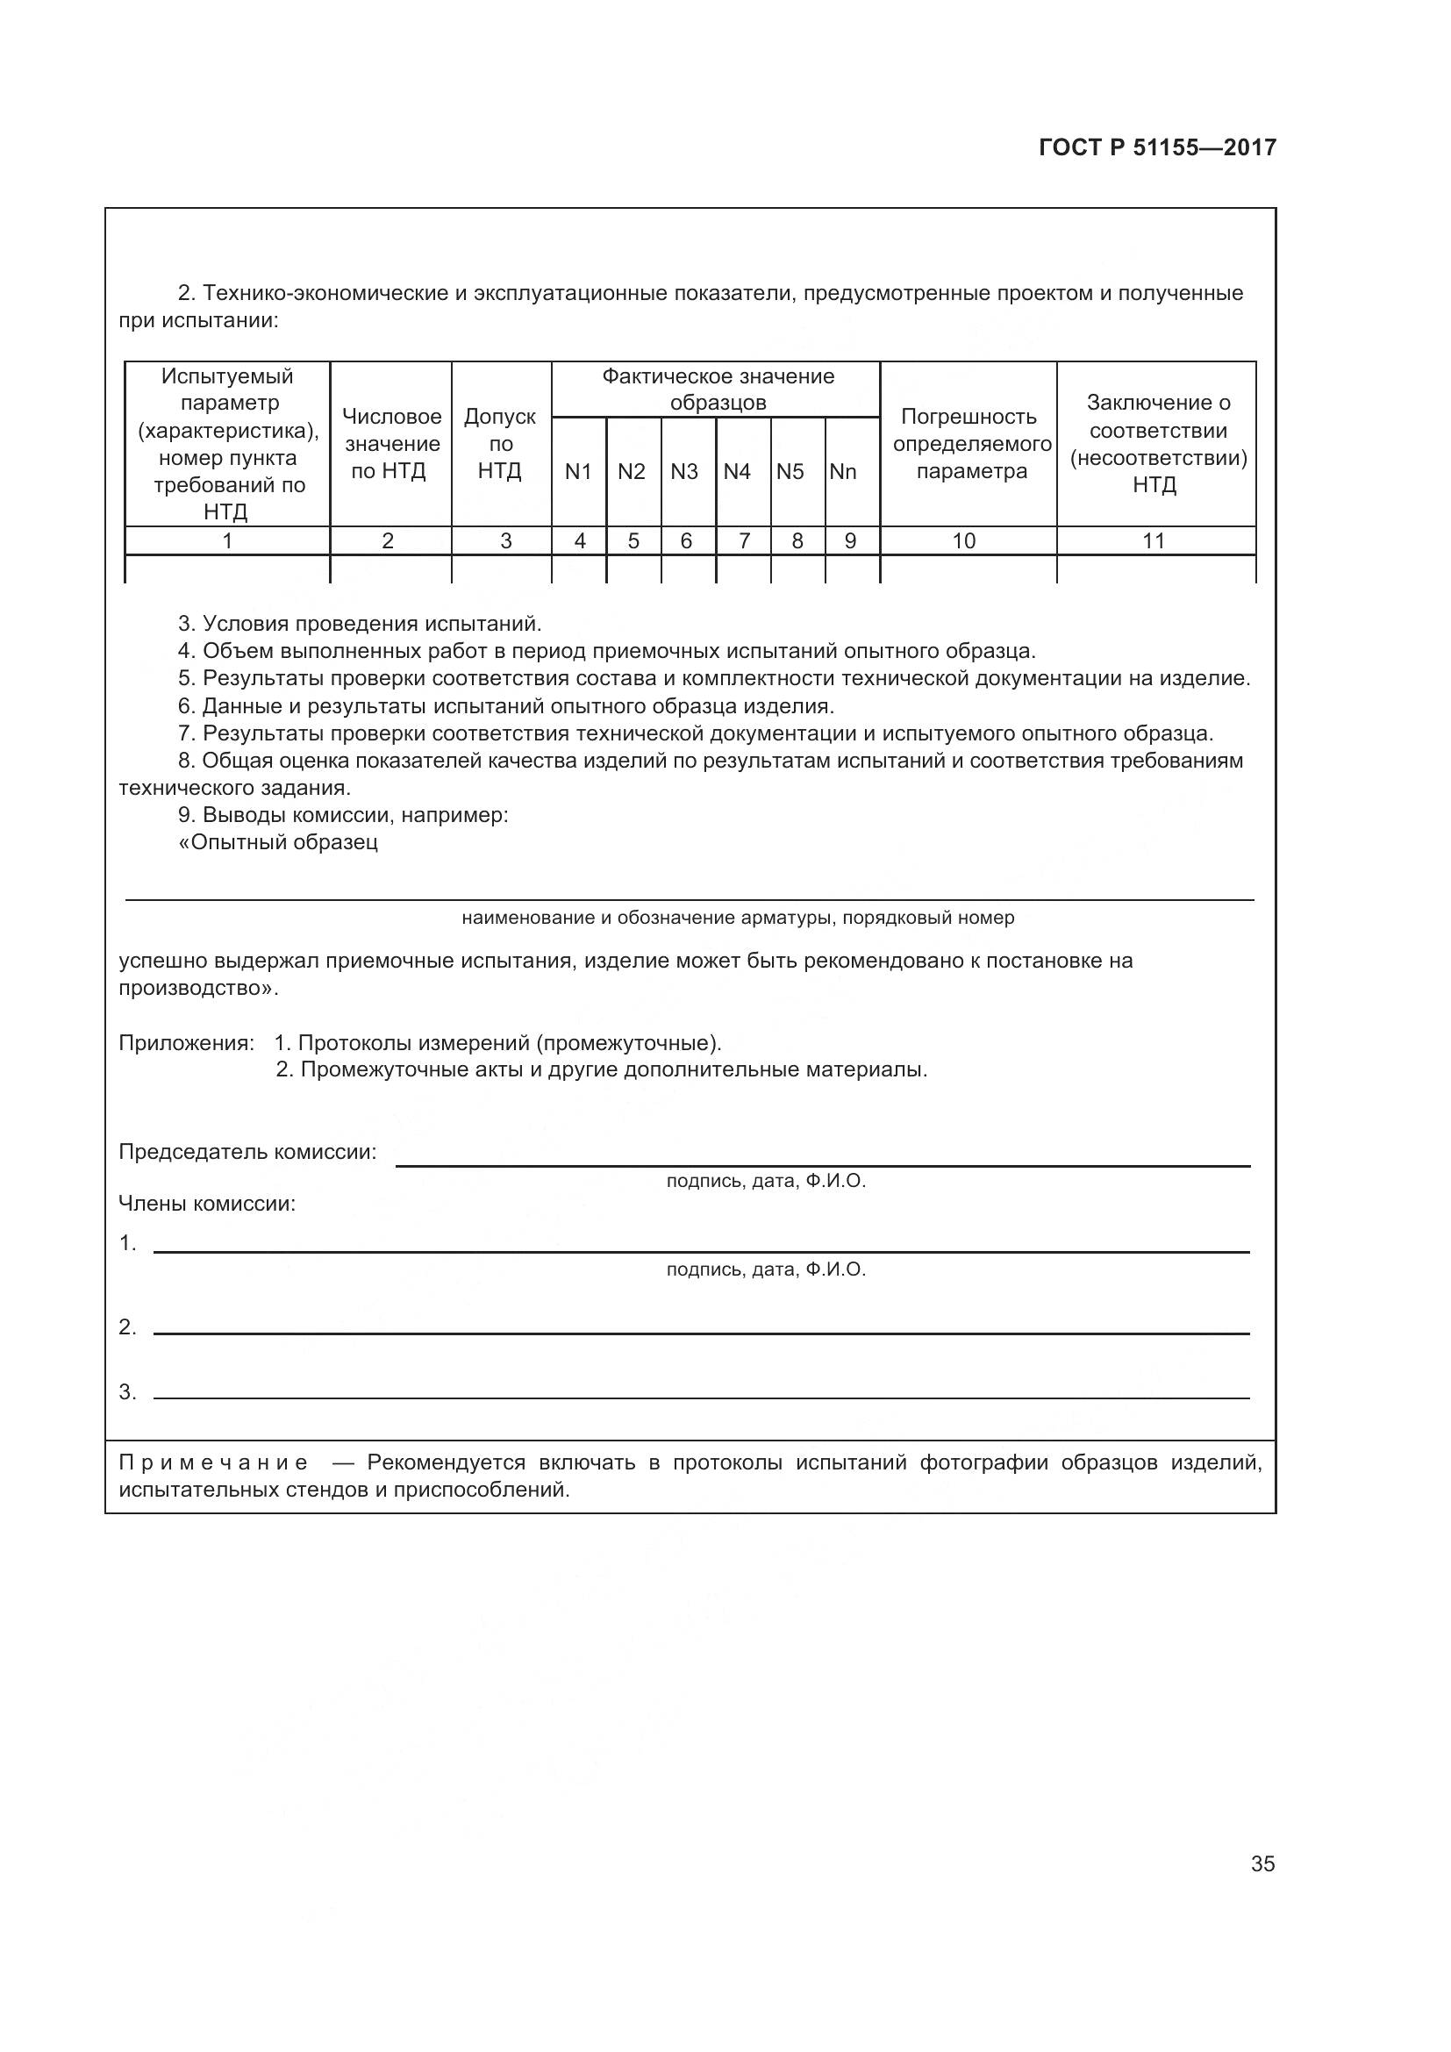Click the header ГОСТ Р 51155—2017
[1157, 147]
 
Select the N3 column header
[684, 471]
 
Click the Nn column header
[842, 471]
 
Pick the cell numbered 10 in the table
[964, 540]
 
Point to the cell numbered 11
[1154, 540]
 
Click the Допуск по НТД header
[500, 443]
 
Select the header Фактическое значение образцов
[718, 389]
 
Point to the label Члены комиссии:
[207, 1203]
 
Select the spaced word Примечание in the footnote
[213, 1462]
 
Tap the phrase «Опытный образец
[278, 842]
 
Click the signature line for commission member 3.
[702, 1397]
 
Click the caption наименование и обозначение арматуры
[737, 918]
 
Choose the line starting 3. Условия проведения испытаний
[360, 623]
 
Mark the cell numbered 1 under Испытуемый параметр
[227, 540]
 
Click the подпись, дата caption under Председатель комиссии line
[766, 1181]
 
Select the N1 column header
[578, 471]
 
